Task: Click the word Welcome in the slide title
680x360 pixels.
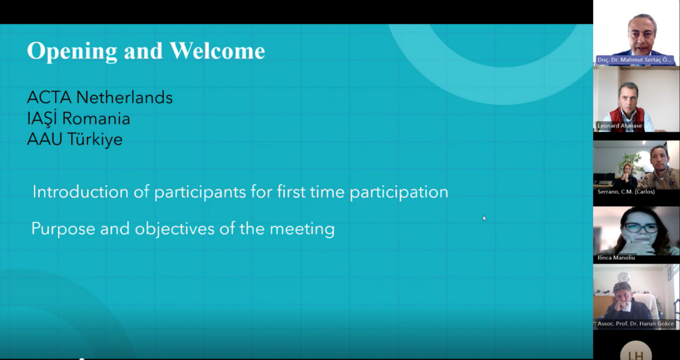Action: coord(217,50)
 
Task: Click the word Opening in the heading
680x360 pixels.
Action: coord(72,52)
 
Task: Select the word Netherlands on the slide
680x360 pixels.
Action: coord(124,97)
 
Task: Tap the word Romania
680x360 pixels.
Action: coord(96,118)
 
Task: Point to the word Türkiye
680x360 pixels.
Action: coord(94,139)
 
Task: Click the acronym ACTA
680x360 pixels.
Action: coord(49,97)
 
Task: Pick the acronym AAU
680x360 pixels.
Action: coord(44,139)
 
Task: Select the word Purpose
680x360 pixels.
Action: coord(63,229)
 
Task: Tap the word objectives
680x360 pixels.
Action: coord(175,228)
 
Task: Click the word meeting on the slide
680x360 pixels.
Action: coord(302,229)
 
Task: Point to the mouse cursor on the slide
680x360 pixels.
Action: coord(484,218)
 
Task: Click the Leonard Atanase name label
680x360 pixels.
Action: coord(620,126)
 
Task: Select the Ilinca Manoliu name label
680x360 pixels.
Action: coord(616,258)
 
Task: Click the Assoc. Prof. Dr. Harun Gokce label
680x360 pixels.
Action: coord(636,323)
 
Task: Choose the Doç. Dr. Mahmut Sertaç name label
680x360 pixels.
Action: coord(634,60)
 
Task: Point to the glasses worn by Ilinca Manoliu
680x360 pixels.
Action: coord(641,227)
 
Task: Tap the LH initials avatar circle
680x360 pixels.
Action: coord(636,351)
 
